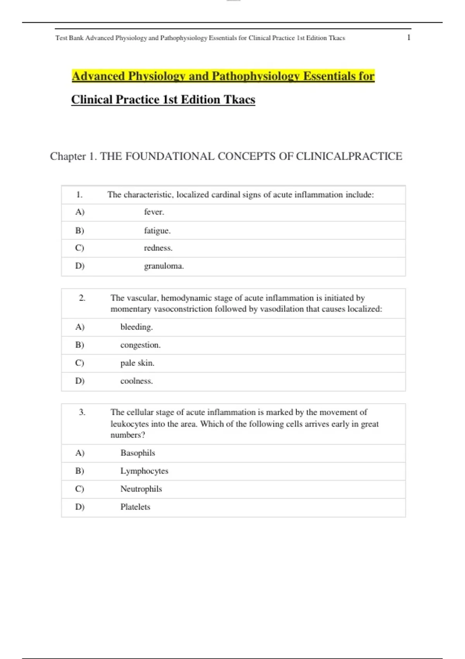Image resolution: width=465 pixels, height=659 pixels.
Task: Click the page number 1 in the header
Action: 408,38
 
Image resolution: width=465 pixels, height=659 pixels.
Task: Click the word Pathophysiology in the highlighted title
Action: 255,76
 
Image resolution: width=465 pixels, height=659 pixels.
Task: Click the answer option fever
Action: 154,212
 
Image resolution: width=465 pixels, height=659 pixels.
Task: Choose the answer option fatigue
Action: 157,231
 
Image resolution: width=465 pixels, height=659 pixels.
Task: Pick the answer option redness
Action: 158,248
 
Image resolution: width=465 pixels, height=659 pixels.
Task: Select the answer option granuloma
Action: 164,266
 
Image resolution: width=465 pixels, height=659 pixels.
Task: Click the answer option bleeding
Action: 136,327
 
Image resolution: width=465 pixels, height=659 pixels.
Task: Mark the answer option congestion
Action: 140,345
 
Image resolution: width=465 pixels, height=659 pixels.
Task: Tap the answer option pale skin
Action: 137,363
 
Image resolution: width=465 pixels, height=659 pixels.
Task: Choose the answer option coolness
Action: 136,381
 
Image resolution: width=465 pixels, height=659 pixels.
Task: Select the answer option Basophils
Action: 138,453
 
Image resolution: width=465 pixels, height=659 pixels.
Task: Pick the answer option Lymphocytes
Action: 144,471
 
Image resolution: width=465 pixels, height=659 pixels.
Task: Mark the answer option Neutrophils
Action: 141,489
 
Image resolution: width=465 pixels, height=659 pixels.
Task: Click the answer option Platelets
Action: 135,507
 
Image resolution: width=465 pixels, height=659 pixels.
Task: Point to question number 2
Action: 82,298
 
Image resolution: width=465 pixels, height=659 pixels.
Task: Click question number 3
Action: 82,412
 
